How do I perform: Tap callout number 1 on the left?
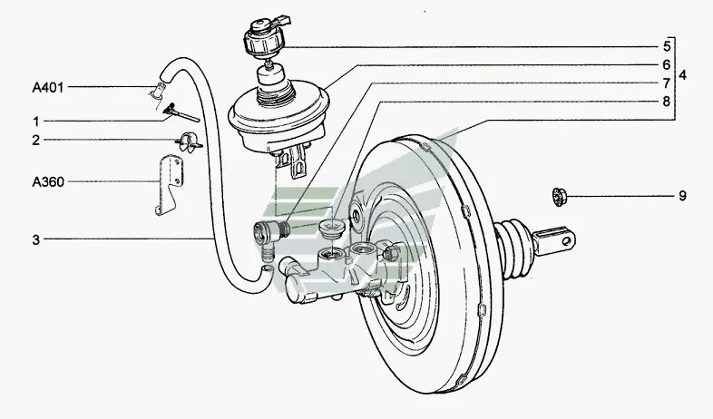coord(36,121)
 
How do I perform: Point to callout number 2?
coord(36,140)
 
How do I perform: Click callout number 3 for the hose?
coord(36,239)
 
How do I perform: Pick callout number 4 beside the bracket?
coord(682,75)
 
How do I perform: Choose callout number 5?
coord(666,45)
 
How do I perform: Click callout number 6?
coord(666,64)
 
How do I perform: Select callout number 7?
coord(666,83)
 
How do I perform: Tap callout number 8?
coord(666,102)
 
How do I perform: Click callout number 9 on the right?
coord(682,195)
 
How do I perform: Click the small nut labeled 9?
coord(560,194)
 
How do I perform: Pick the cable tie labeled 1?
coord(181,112)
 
